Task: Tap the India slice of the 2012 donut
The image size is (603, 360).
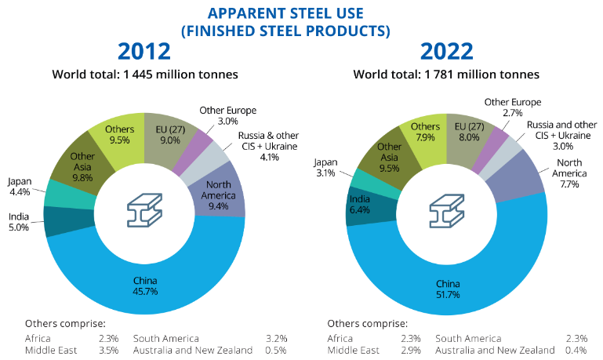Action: pyautogui.click(x=56, y=221)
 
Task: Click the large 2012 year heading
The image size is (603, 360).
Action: pyautogui.click(x=144, y=52)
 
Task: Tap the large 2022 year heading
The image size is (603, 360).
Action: pyautogui.click(x=446, y=52)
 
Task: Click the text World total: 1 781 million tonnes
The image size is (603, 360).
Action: pyautogui.click(x=447, y=75)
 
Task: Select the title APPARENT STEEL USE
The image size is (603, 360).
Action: pyautogui.click(x=301, y=13)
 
